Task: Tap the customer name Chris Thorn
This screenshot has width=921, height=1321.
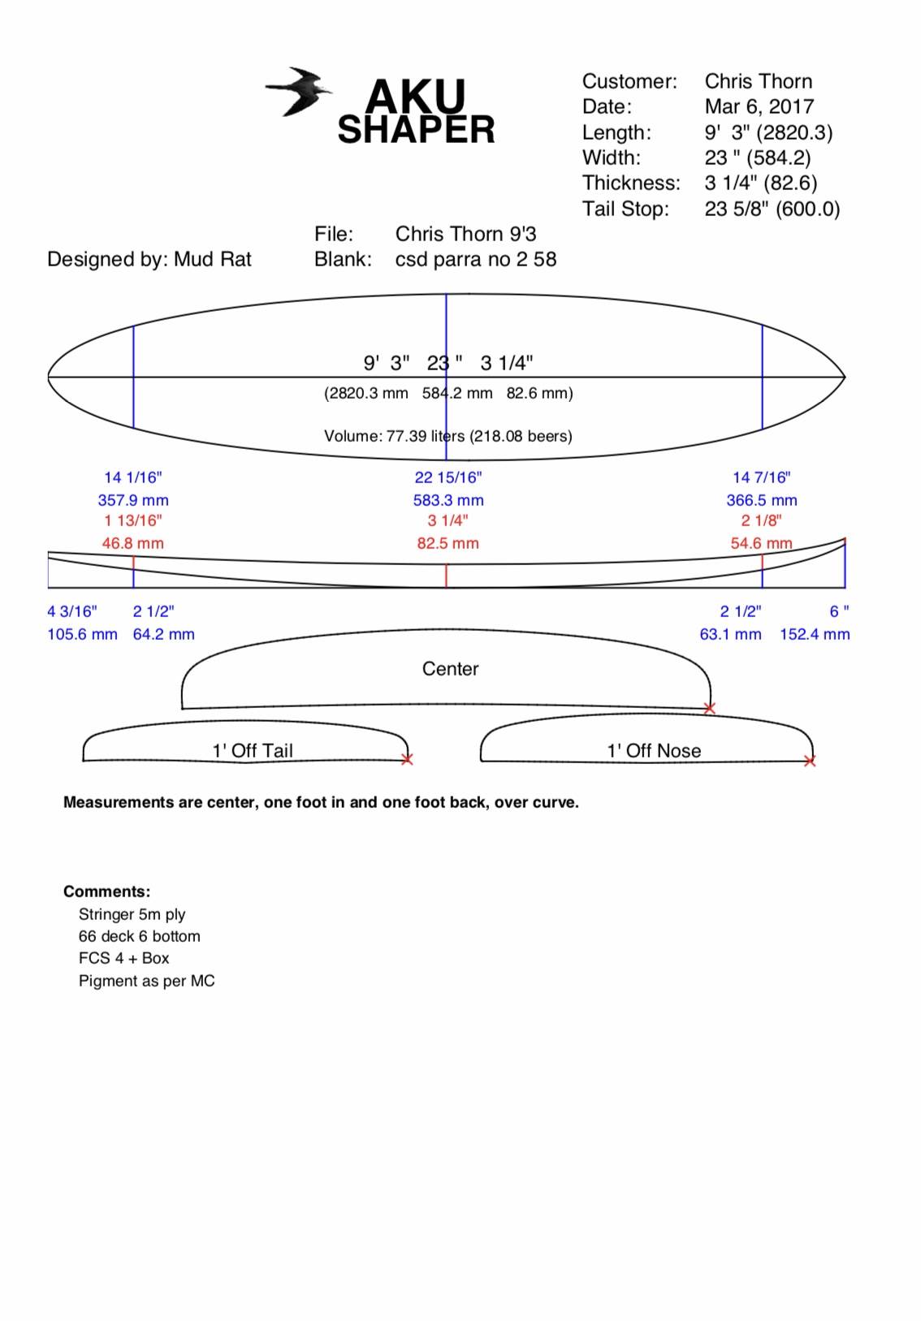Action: click(x=758, y=81)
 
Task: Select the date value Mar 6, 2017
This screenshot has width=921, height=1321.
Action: click(x=759, y=106)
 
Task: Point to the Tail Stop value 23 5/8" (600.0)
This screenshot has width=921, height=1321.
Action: click(x=772, y=209)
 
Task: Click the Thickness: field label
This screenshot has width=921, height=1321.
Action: click(x=630, y=183)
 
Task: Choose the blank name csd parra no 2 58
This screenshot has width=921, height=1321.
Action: click(x=475, y=259)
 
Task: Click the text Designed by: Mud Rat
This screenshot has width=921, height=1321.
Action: click(x=149, y=259)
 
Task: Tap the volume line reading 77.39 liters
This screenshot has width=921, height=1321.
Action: click(x=448, y=436)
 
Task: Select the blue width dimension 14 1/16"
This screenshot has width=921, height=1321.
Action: click(x=132, y=477)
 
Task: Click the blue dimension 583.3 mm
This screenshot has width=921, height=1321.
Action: click(x=448, y=500)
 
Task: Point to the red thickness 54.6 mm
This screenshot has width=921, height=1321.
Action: click(x=760, y=543)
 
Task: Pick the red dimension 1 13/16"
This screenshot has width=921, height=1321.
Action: click(x=132, y=520)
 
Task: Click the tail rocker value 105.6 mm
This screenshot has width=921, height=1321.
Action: click(x=82, y=634)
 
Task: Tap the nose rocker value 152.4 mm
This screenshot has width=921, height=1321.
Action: click(x=814, y=634)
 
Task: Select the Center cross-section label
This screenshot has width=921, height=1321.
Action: click(x=450, y=668)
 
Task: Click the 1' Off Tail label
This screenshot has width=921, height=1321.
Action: click(x=253, y=750)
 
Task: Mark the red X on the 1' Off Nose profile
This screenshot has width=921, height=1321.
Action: click(x=809, y=761)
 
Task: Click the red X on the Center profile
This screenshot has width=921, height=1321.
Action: click(x=709, y=708)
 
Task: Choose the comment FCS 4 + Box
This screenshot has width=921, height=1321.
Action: click(x=123, y=958)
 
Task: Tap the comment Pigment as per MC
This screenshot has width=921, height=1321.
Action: click(x=146, y=981)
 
